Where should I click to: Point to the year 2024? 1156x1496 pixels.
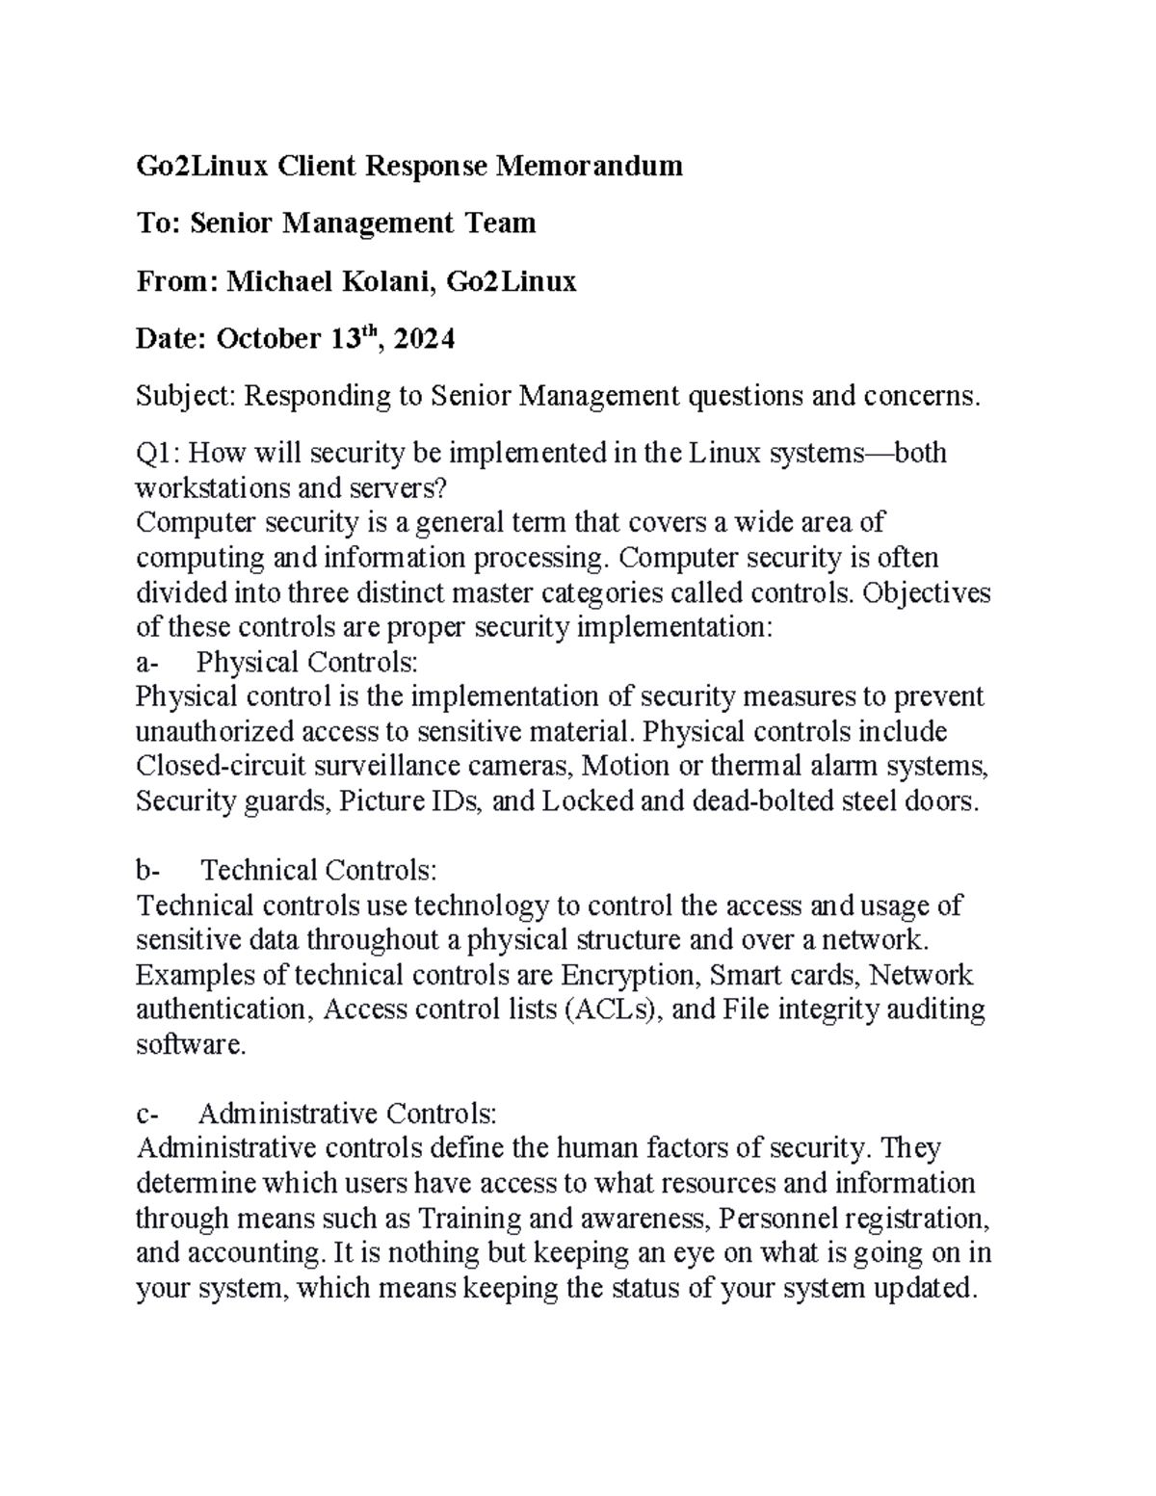tap(424, 339)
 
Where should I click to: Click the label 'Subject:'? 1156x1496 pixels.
tap(186, 396)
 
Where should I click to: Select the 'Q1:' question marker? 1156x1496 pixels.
tap(161, 453)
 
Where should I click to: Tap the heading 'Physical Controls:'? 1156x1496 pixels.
tap(307, 662)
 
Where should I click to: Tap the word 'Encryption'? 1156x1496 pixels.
tap(629, 975)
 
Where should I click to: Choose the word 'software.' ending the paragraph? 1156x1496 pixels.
tap(192, 1044)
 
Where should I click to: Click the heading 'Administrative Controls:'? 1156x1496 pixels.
tap(347, 1115)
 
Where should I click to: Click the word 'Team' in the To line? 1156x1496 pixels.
tap(501, 223)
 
